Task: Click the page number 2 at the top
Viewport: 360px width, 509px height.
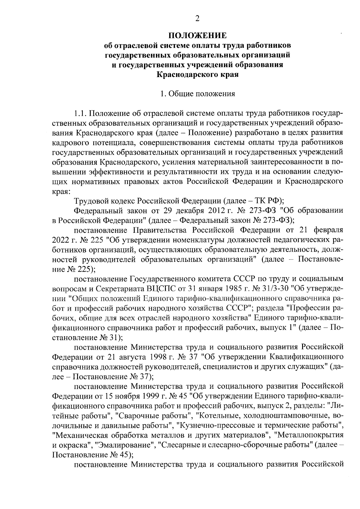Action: (197, 19)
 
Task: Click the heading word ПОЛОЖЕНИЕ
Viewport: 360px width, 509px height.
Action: (197, 36)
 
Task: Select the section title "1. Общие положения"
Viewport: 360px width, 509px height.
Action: (197, 94)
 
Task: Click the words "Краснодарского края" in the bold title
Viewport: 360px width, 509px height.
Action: (197, 74)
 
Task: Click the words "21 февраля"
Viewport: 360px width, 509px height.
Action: (321, 230)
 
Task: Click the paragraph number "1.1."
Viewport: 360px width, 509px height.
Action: (80, 114)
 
